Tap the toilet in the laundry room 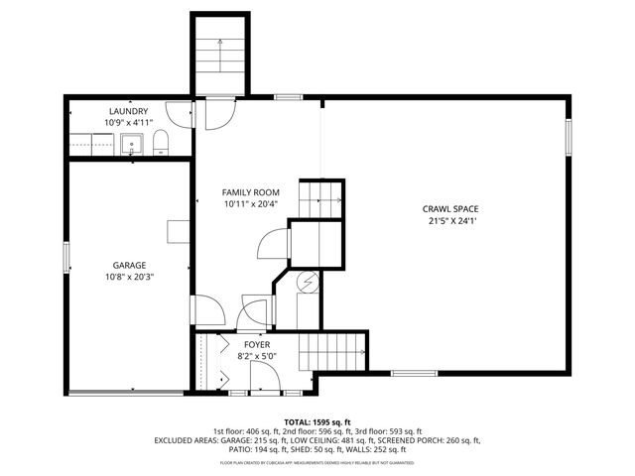coord(162,148)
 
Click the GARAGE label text coord(129,265)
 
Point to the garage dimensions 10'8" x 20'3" coord(129,277)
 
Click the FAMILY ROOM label coord(250,192)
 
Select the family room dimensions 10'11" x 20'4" coord(250,204)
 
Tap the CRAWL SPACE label coord(450,209)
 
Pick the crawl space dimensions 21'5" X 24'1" coord(450,222)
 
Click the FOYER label coord(257,344)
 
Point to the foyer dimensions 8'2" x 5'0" coord(257,356)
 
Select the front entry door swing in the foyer coord(263,378)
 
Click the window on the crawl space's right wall coord(569,138)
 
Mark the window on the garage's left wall coord(66,257)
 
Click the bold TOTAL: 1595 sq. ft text coord(317,422)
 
